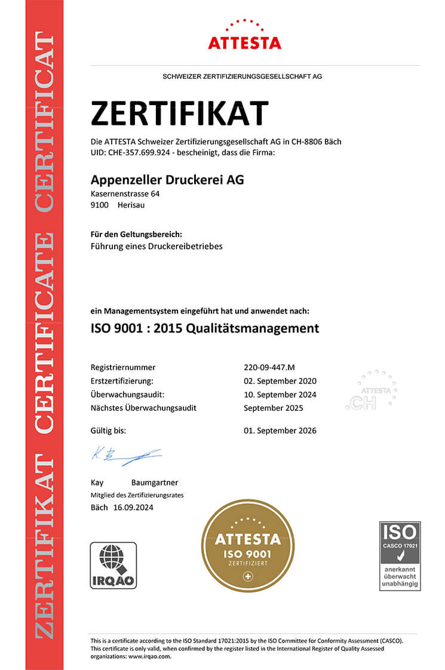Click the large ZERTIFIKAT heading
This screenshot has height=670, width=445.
click(180, 113)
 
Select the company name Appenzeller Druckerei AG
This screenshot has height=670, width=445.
click(167, 179)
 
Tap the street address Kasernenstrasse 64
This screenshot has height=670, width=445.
click(125, 194)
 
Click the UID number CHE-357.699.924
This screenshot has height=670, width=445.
click(139, 153)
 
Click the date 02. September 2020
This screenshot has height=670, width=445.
click(280, 381)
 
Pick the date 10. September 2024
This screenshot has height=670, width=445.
click(280, 395)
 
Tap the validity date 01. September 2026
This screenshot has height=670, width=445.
click(280, 431)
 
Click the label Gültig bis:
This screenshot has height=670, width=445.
click(108, 431)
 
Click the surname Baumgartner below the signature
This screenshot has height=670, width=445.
click(154, 482)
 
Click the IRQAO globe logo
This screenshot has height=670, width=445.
click(113, 565)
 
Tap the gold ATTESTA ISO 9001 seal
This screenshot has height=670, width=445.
click(247, 545)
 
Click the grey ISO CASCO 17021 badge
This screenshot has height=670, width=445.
click(400, 555)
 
